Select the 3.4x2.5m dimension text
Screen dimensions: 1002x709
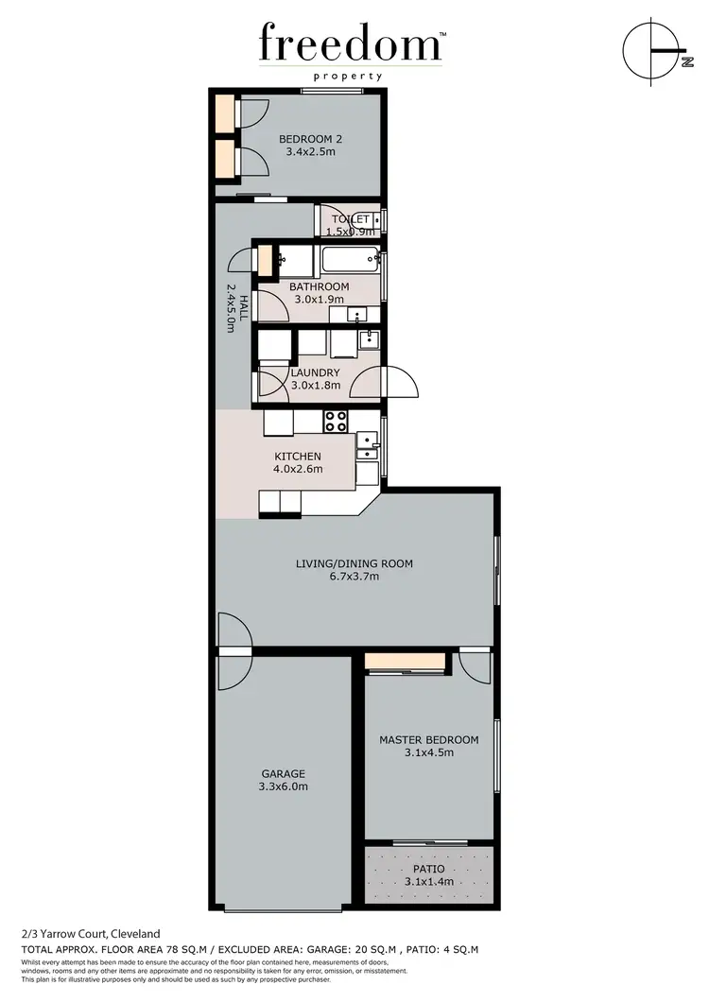coord(309,152)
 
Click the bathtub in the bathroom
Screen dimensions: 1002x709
coord(349,259)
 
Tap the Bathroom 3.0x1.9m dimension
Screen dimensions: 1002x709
coord(320,300)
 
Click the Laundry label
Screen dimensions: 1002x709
coord(315,372)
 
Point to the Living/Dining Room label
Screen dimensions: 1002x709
coord(354,563)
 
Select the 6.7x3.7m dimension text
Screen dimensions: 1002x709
coord(354,577)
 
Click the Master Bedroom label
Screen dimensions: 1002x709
coord(428,740)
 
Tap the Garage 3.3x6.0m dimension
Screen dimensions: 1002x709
coord(284,786)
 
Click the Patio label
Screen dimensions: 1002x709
coord(428,869)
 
